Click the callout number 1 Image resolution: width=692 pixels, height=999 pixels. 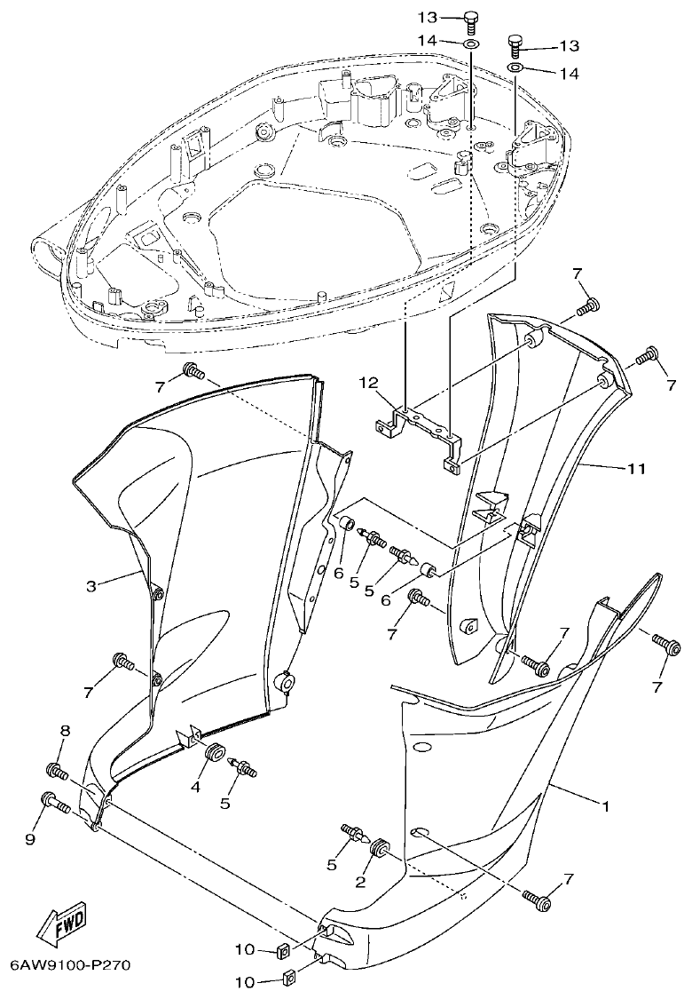[605, 807]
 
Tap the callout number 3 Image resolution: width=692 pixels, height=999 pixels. [91, 585]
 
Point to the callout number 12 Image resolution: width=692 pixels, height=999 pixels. [368, 384]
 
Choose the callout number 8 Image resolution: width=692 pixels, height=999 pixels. [65, 731]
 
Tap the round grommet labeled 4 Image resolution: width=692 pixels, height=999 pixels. [214, 753]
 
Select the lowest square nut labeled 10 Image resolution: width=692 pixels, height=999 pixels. [287, 980]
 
